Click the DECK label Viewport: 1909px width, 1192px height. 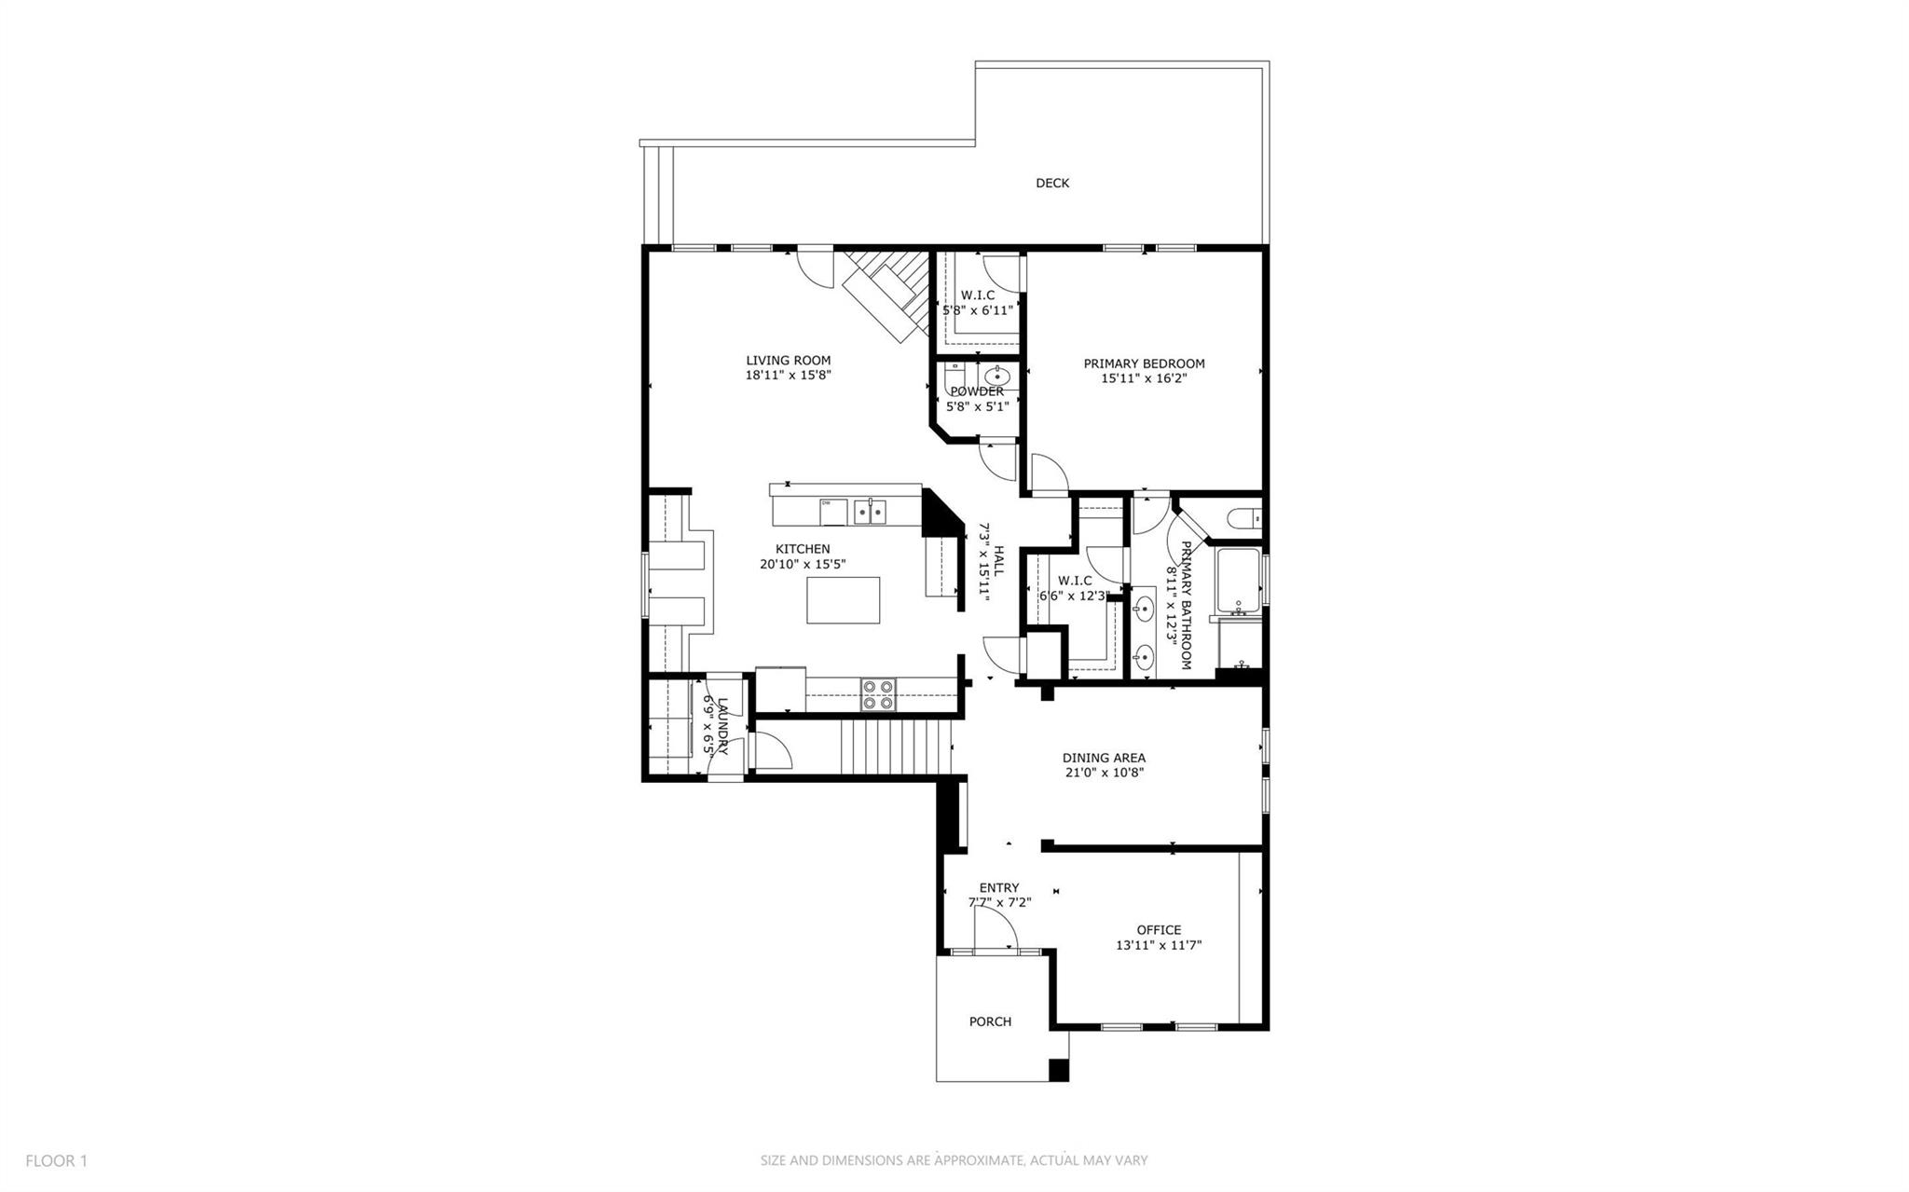(1052, 184)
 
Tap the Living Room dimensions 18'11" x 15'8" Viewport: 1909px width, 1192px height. (788, 377)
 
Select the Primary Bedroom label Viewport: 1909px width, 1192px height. (1144, 363)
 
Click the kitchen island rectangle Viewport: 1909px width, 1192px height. (844, 600)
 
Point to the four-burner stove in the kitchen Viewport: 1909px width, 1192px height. (877, 694)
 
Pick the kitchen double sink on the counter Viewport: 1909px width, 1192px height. (871, 511)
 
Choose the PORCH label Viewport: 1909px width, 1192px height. (990, 1021)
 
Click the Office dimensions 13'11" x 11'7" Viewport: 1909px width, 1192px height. (1159, 945)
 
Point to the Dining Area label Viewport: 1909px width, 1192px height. (1104, 758)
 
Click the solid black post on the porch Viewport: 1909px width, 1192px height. (1059, 1070)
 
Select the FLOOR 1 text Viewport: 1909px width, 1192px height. (56, 1160)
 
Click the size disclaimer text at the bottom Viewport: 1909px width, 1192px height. (954, 1160)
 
